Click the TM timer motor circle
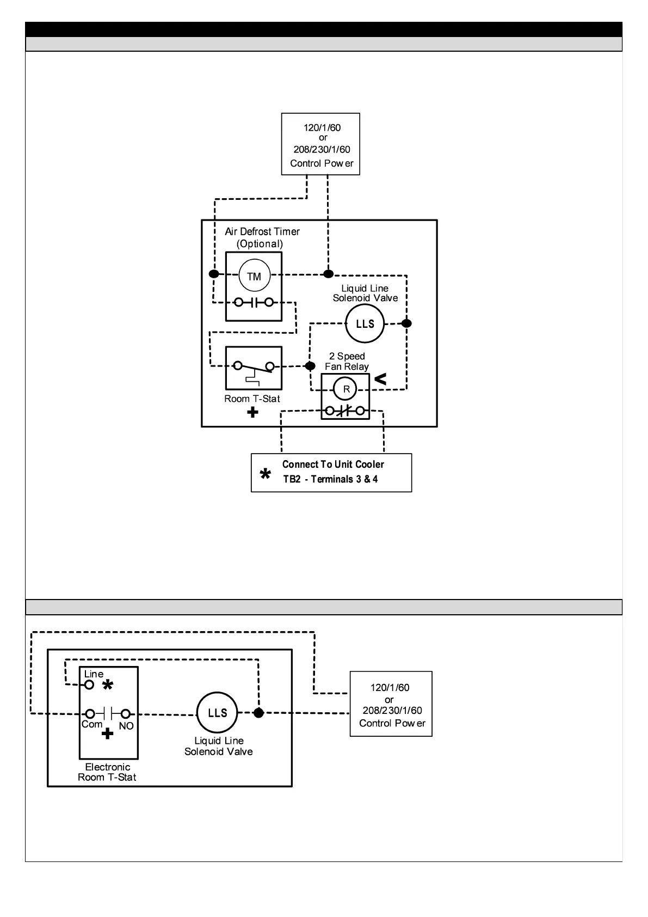[254, 276]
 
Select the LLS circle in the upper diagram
[365, 324]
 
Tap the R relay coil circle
[346, 389]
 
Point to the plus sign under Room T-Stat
[252, 413]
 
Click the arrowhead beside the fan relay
[380, 379]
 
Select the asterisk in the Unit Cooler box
[266, 474]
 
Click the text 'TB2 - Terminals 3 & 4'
[330, 479]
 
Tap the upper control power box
[320, 144]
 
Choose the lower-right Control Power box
[391, 704]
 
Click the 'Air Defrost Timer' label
[262, 232]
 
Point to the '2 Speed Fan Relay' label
[347, 362]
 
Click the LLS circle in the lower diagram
[217, 713]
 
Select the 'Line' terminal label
[94, 674]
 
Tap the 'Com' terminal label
[91, 725]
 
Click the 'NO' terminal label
[126, 726]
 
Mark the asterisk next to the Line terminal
[108, 686]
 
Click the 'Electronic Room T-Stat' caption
[107, 772]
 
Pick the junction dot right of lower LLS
[259, 713]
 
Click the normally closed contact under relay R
[345, 411]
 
